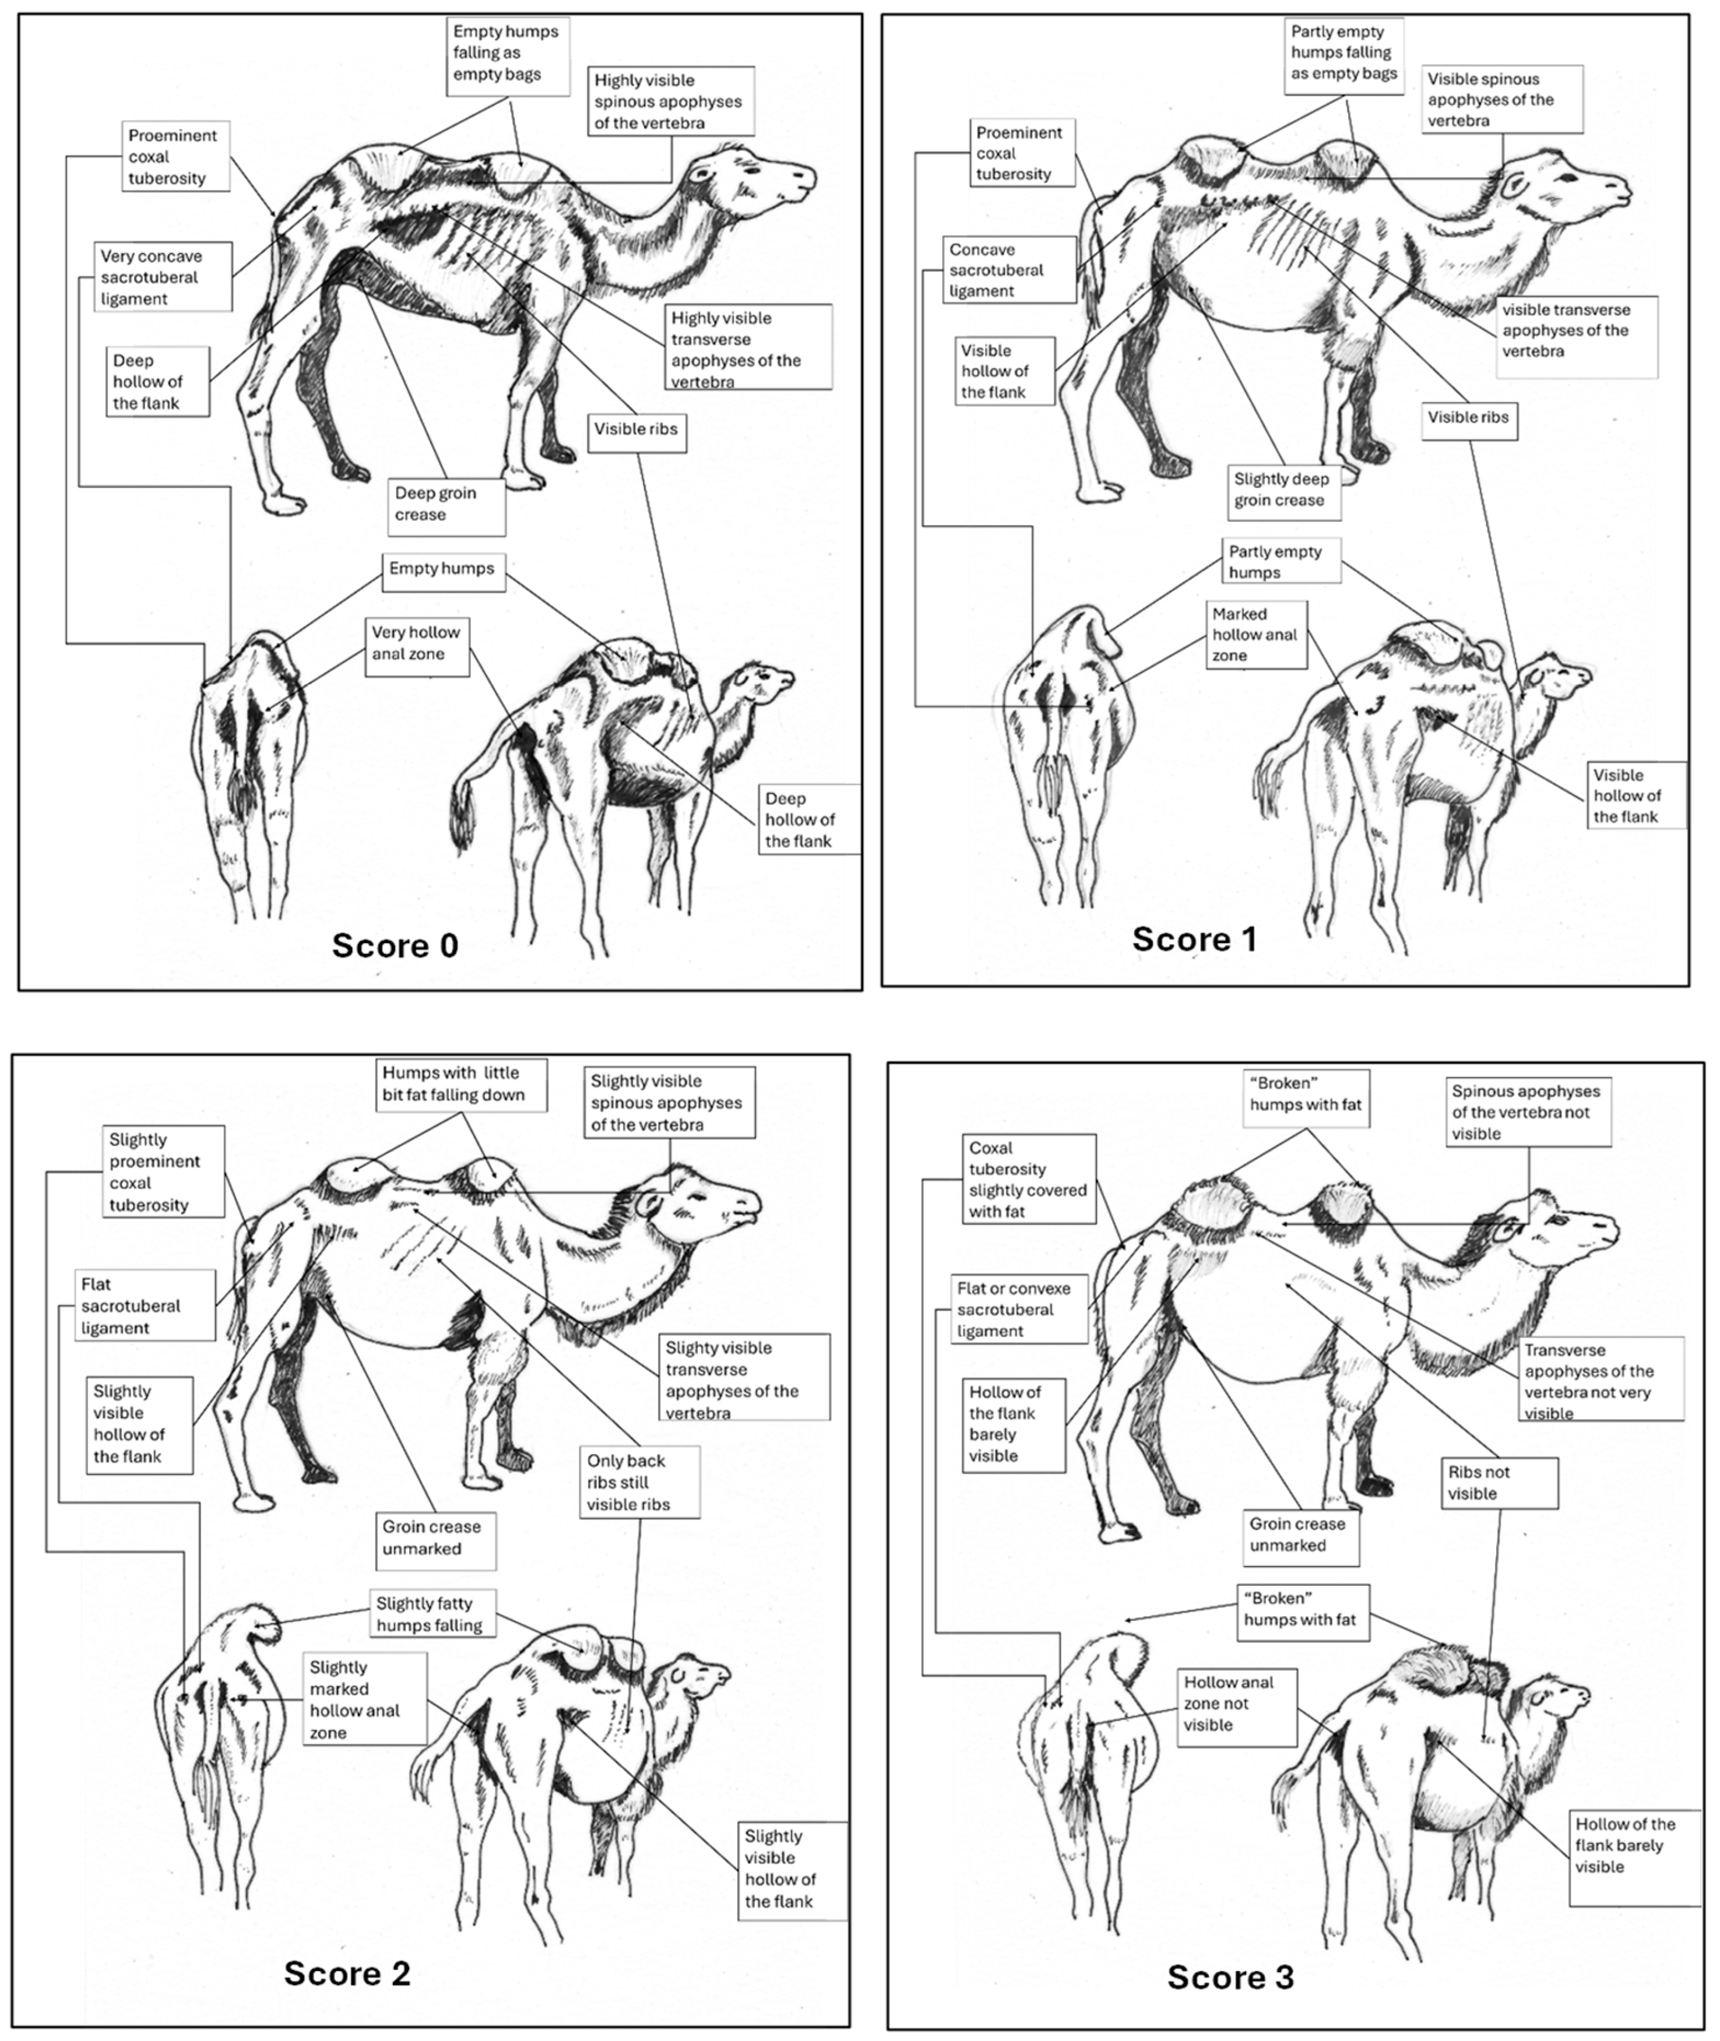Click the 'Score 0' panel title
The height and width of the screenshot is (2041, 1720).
(395, 945)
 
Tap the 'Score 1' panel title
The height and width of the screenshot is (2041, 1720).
(1194, 939)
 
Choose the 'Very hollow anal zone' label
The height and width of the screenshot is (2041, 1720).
(417, 645)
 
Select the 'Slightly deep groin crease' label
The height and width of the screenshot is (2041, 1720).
(1283, 491)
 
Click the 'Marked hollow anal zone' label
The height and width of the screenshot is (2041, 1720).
(1256, 635)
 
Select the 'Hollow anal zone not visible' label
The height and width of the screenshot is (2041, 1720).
(1236, 1704)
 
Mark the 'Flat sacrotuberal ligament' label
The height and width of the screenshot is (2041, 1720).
(145, 1305)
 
